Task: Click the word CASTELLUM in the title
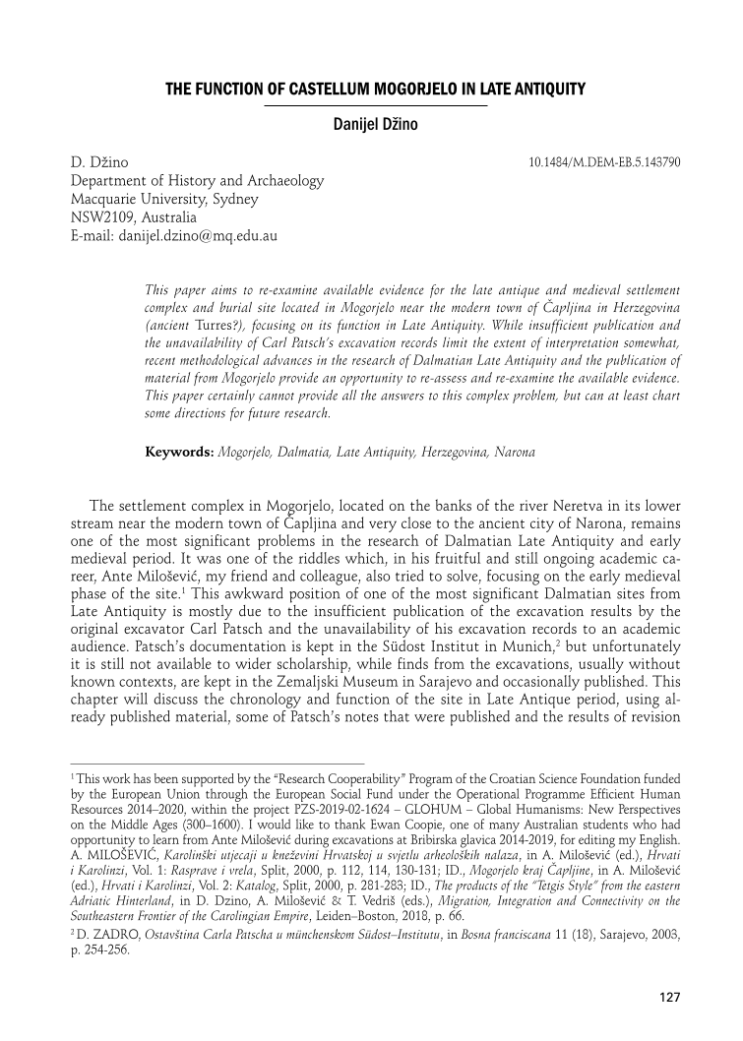[326, 90]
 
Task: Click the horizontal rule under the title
[377, 105]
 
